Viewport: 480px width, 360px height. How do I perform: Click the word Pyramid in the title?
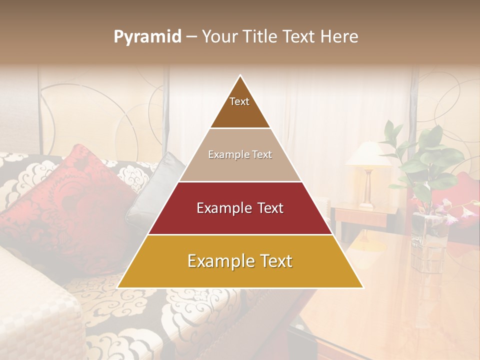(147, 37)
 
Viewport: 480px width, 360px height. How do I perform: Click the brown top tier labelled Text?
(240, 107)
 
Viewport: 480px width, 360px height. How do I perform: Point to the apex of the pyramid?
(240, 76)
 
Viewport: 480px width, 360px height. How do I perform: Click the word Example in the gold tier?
(216, 261)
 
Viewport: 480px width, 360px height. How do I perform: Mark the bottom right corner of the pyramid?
(362, 287)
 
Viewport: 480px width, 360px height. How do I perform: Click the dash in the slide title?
(191, 37)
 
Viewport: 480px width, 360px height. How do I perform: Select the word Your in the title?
(218, 36)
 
